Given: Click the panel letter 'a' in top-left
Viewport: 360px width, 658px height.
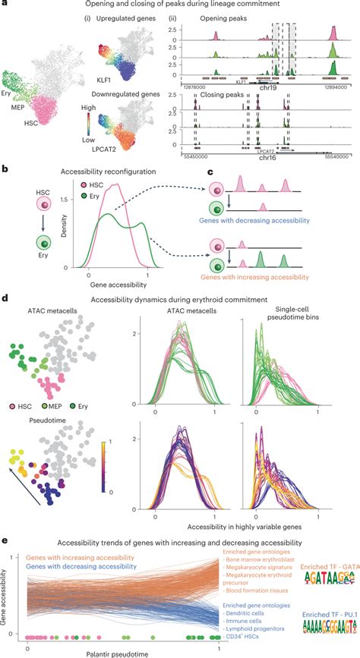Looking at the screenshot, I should click(5, 6).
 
